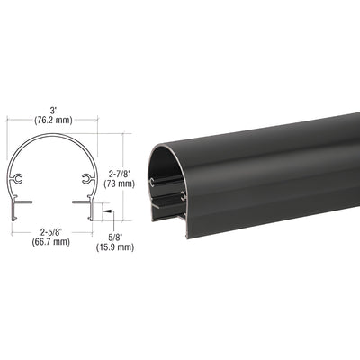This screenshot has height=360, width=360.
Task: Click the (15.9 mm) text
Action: pyautogui.click(x=115, y=247)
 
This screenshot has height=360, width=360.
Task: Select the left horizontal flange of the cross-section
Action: pyautogui.click(x=22, y=201)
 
